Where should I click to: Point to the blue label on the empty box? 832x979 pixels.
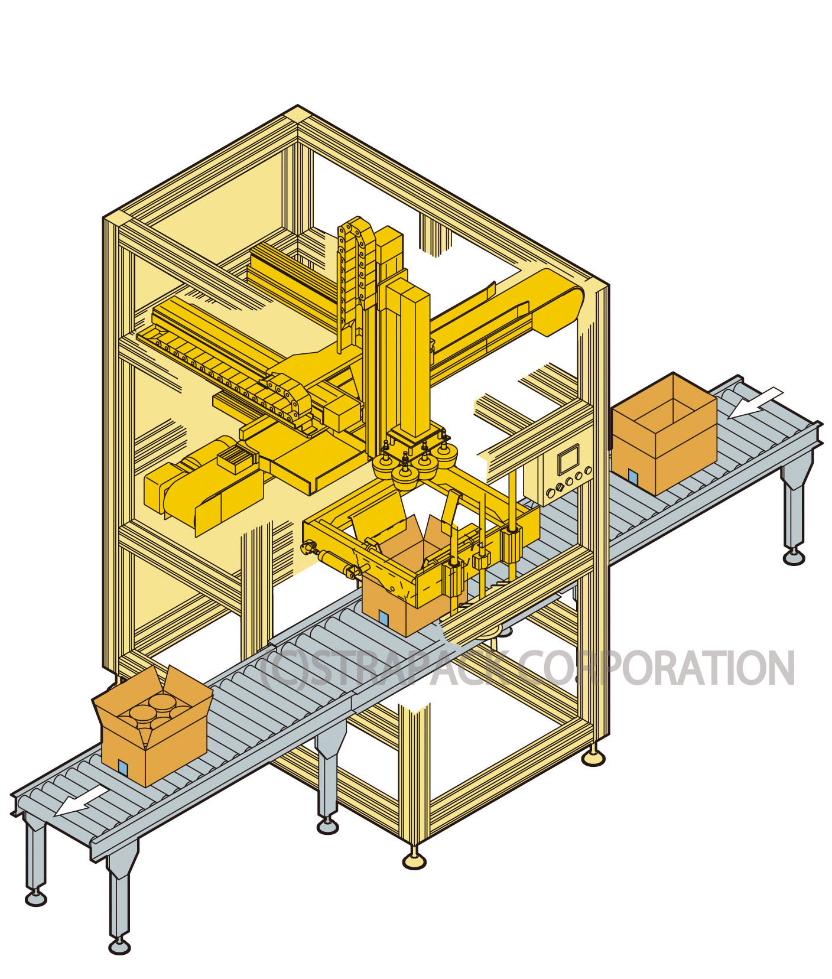pos(632,476)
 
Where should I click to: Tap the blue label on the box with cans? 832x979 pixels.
pos(123,768)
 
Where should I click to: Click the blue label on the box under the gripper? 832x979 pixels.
pos(384,618)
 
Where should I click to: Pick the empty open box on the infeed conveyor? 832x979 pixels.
pos(665,433)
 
